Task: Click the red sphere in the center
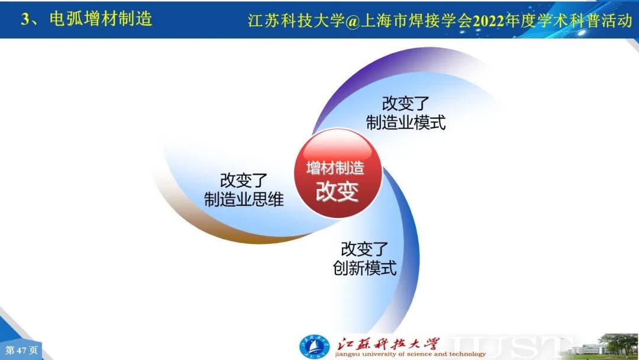coord(338,173)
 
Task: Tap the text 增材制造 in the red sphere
coord(335,168)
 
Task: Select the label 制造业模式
coord(406,123)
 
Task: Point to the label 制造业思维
coord(244,200)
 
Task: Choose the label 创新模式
coord(364,268)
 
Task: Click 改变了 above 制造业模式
coord(405,104)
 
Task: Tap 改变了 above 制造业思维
coord(244,180)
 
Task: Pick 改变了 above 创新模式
coord(364,249)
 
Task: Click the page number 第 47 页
coord(21,350)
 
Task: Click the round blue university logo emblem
coord(314,347)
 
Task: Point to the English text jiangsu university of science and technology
coord(411,354)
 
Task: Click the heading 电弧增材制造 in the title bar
coord(101,19)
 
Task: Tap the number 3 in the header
coord(25,19)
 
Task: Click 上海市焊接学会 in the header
coord(416,21)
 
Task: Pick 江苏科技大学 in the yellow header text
coord(296,21)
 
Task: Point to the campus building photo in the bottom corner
coord(603,346)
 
